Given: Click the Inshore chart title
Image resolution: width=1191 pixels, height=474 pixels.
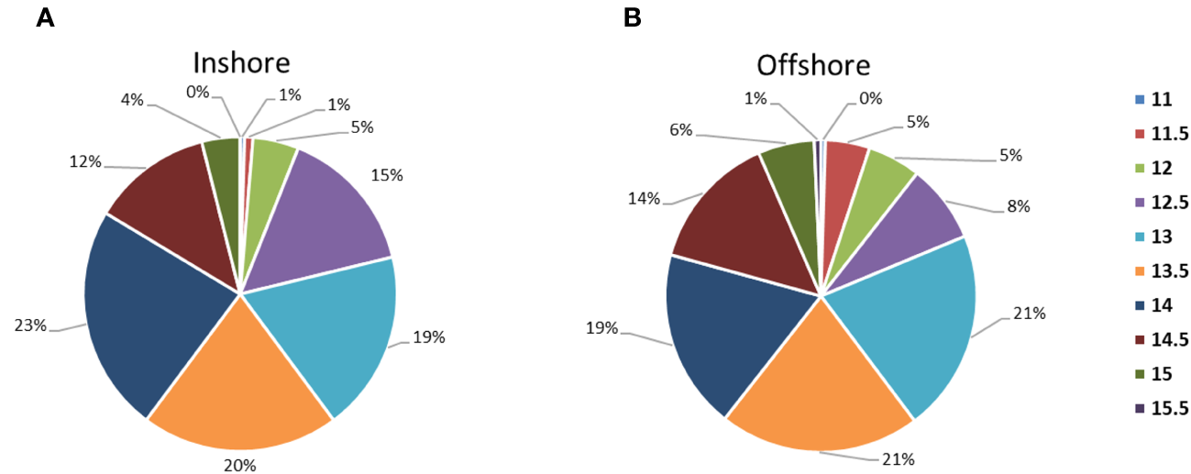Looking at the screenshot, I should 241,63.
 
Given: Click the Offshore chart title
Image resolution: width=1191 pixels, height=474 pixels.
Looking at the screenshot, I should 813,65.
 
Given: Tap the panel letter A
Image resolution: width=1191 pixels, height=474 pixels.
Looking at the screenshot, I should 45,17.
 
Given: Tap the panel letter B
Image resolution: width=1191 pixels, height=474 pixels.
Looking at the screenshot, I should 632,17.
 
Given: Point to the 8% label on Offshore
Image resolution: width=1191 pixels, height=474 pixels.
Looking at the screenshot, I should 1019,206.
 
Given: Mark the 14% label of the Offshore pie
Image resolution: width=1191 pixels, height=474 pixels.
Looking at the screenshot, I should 645,198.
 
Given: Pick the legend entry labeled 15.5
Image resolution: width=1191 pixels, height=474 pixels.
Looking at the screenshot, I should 1161,408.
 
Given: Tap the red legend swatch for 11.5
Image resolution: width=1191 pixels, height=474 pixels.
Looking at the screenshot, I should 1139,133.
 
